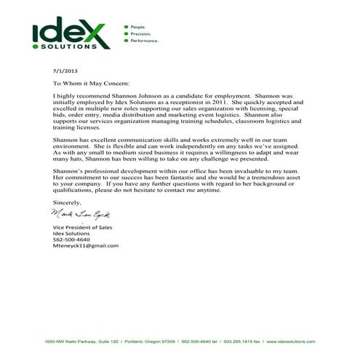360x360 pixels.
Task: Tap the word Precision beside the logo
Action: point(139,33)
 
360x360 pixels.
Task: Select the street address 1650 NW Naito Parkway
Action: point(71,342)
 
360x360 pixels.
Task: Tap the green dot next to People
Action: point(126,26)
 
